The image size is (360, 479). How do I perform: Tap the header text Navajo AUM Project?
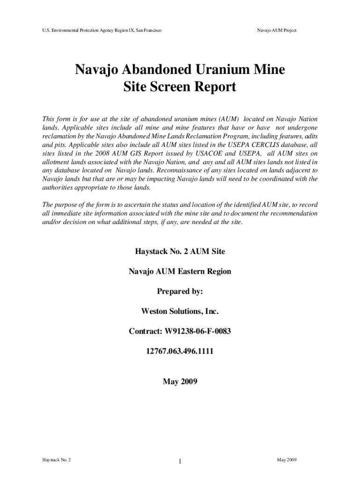pyautogui.click(x=277, y=30)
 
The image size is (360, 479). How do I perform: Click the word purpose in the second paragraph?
pyautogui.click(x=68, y=204)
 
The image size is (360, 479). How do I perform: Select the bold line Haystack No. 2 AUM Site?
pyautogui.click(x=180, y=252)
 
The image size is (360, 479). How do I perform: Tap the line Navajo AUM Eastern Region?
pyautogui.click(x=180, y=271)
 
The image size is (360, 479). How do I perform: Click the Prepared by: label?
pyautogui.click(x=180, y=291)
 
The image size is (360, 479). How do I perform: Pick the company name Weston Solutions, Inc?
pyautogui.click(x=180, y=311)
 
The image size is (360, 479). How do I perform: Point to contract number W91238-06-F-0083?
pyautogui.click(x=198, y=331)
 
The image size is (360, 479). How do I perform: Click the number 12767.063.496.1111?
pyautogui.click(x=180, y=351)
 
